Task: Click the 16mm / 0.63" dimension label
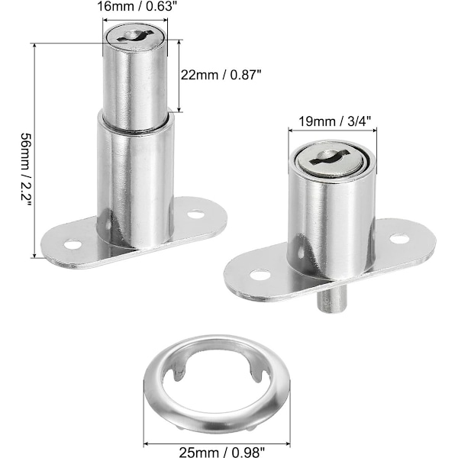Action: pyautogui.click(x=137, y=6)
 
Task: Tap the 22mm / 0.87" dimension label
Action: pyautogui.click(x=221, y=75)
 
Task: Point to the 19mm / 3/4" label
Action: pyautogui.click(x=334, y=121)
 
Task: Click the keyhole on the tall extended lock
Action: pyautogui.click(x=135, y=36)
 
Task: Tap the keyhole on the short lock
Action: pyautogui.click(x=329, y=156)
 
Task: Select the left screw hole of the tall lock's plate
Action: pyautogui.click(x=73, y=244)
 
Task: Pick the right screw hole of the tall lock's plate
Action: pyautogui.click(x=195, y=214)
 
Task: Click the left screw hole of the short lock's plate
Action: pyautogui.click(x=260, y=275)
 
